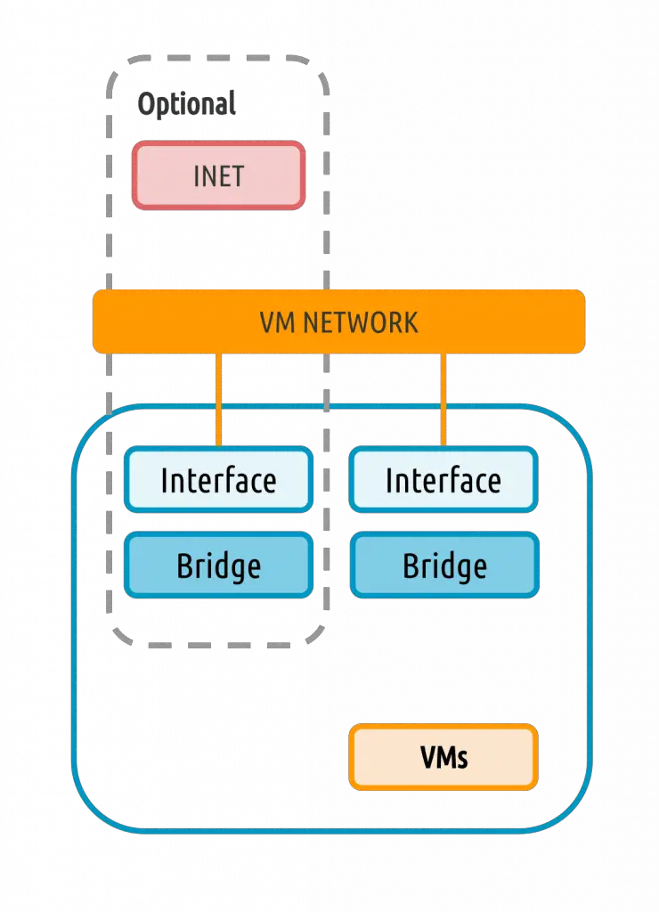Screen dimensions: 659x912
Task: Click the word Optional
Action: click(x=187, y=105)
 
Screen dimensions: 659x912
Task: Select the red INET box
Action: click(x=219, y=175)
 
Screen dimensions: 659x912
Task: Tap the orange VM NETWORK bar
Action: click(x=338, y=322)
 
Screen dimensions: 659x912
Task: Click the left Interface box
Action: click(x=219, y=480)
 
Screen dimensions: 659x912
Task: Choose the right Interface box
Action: click(x=443, y=480)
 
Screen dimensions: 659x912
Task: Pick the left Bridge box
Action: click(x=219, y=565)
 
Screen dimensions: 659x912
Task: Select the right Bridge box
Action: click(x=444, y=565)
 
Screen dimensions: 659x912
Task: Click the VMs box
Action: click(x=443, y=757)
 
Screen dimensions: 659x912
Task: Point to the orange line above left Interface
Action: click(x=219, y=400)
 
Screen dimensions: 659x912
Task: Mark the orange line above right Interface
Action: click(x=443, y=400)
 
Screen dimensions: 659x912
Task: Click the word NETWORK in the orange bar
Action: click(x=361, y=322)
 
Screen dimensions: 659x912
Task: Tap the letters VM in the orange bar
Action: click(x=279, y=322)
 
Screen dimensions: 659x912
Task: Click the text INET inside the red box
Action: click(x=219, y=176)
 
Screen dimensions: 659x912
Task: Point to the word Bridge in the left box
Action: click(x=219, y=566)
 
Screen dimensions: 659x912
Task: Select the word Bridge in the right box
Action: click(x=445, y=566)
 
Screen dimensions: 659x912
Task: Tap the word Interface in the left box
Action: click(x=219, y=480)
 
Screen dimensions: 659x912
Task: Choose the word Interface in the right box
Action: click(x=443, y=480)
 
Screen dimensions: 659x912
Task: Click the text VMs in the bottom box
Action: click(x=443, y=758)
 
